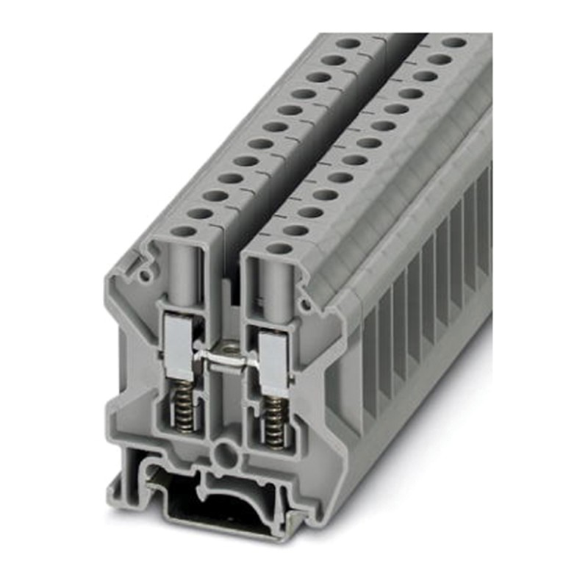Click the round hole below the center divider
(220, 450)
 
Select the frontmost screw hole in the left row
(183, 232)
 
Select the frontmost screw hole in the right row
(279, 247)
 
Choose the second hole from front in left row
(198, 213)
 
